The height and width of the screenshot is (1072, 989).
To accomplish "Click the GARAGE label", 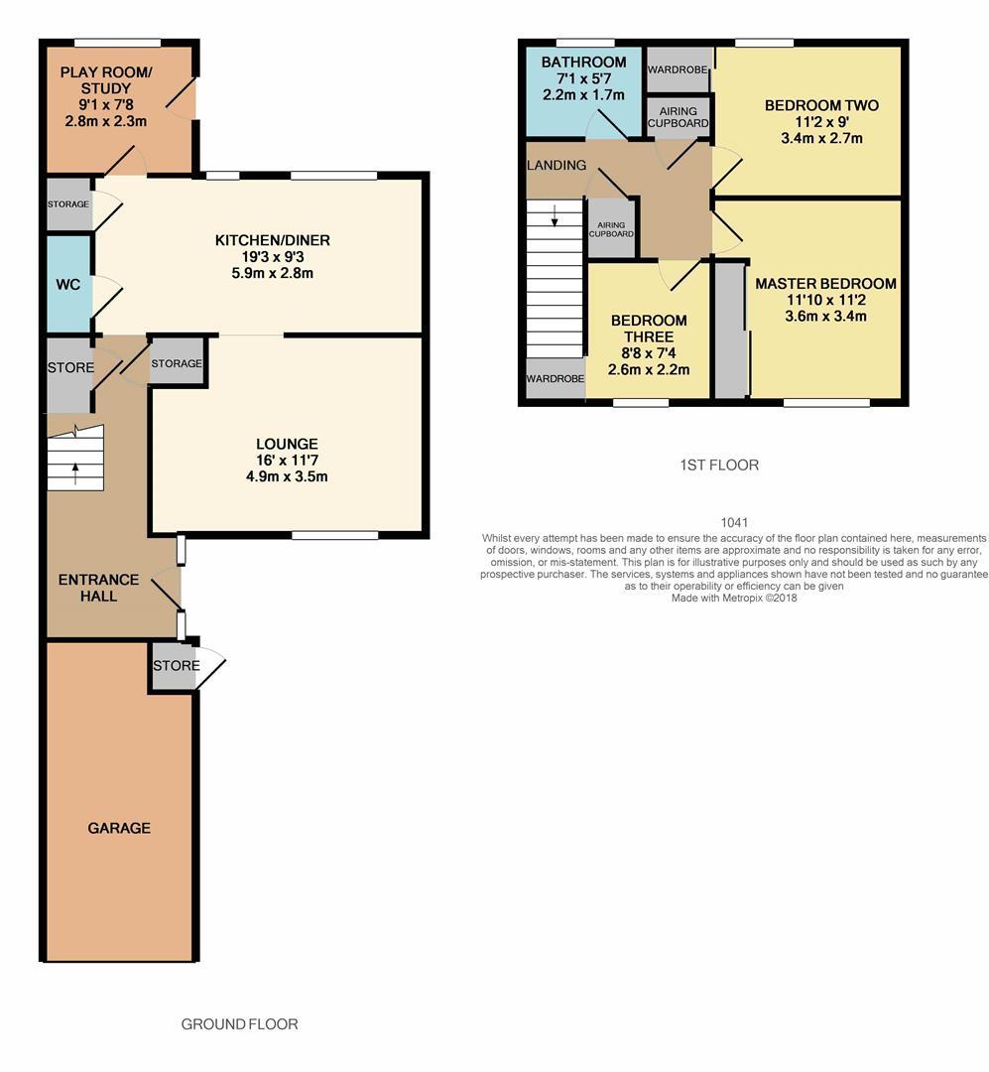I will pos(119,828).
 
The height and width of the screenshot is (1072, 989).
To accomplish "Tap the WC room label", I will pos(67,285).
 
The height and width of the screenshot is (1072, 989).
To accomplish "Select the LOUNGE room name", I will pos(287,444).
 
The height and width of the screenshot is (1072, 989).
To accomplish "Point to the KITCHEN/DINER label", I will pos(273,240).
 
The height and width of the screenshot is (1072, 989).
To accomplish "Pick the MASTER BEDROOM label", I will pos(825,284).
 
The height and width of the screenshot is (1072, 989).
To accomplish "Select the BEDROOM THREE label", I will pos(649,329).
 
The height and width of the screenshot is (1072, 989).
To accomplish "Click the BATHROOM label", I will pos(583,63).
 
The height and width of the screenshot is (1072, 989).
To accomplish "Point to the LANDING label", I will pos(556,165).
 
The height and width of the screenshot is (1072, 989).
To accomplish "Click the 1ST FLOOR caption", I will pos(719,465).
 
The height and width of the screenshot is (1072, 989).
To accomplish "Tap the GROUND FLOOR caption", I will pos(239,1024).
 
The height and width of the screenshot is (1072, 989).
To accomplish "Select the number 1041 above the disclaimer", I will pos(734,522).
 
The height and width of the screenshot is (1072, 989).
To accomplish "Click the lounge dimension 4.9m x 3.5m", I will pos(287,476).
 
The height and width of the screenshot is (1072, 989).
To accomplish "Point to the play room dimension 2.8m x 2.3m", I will pos(106,122).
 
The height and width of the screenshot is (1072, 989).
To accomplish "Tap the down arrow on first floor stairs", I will pos(555,213).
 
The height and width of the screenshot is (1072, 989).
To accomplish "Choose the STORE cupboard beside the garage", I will pos(176,666).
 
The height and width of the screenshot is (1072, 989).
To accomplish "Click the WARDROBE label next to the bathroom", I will pos(678,70).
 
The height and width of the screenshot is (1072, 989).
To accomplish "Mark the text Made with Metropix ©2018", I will pos(734,598).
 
